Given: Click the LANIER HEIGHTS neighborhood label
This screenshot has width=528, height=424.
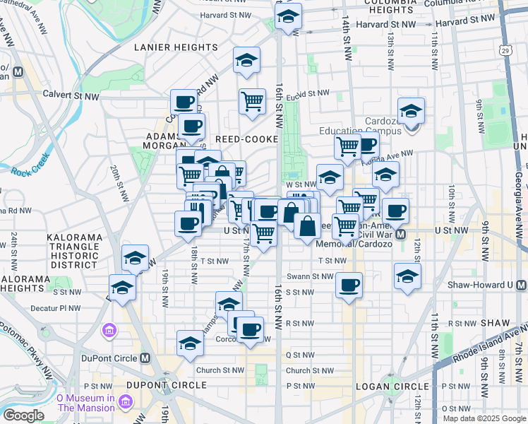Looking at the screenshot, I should (x=176, y=47).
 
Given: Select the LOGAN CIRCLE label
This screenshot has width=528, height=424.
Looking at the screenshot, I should (x=394, y=386).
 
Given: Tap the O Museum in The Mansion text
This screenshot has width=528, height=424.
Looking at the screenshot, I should (x=85, y=403).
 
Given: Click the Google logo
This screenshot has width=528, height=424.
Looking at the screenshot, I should (x=23, y=415).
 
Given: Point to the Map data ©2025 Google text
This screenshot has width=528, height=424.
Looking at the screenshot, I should (x=484, y=418).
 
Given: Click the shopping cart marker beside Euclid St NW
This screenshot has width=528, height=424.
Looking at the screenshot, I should (x=252, y=102).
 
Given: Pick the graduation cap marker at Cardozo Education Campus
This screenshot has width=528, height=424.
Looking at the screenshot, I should (x=411, y=111).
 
